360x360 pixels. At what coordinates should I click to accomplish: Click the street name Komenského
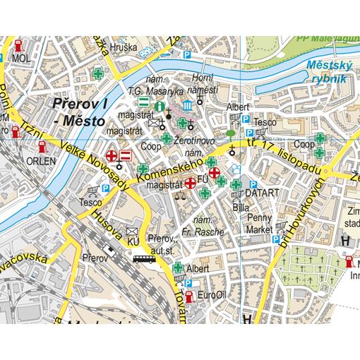pyautogui.click(x=166, y=172)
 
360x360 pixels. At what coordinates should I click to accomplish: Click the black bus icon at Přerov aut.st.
pyautogui.click(x=143, y=258)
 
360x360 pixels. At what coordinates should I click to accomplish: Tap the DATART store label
pyautogui.click(x=263, y=193)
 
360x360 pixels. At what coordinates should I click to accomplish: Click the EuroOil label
pyautogui.click(x=212, y=294)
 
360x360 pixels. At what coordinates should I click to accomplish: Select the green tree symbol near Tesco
pyautogui.click(x=231, y=133)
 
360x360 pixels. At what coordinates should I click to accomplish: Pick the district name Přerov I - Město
pyautogui.click(x=78, y=111)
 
